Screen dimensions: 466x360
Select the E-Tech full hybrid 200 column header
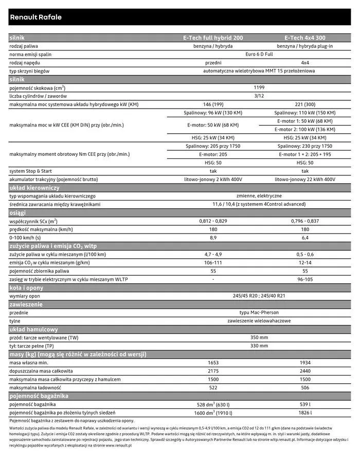(x=213, y=38)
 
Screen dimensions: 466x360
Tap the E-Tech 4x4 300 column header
(x=305, y=38)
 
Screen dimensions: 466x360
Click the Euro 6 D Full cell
(x=259, y=55)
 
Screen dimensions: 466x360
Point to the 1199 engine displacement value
(x=259, y=87)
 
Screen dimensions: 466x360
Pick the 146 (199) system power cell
(x=213, y=104)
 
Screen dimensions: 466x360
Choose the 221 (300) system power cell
(x=305, y=104)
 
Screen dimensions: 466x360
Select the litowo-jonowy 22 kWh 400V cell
(x=305, y=180)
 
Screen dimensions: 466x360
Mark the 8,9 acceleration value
(x=213, y=238)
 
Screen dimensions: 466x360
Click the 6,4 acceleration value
(x=305, y=238)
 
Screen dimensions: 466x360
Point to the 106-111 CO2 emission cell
(x=213, y=262)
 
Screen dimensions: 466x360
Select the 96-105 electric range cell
(x=305, y=279)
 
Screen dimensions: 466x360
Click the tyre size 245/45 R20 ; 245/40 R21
(x=259, y=296)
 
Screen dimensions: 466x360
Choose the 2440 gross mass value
(x=305, y=371)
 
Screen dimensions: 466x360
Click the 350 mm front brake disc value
(x=259, y=337)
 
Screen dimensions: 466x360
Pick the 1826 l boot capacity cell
(x=305, y=413)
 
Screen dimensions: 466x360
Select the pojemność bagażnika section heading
(x=39, y=396)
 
